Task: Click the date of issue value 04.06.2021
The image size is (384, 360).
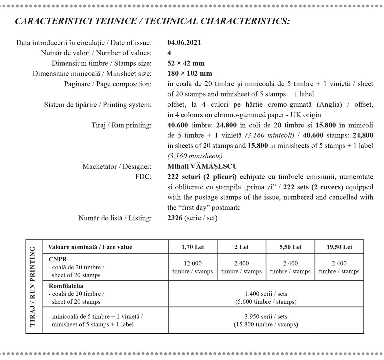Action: (184, 43)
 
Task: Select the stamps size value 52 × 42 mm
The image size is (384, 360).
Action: (186, 63)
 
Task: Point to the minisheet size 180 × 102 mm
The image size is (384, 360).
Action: (189, 73)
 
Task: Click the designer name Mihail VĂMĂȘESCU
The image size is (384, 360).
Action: (202, 166)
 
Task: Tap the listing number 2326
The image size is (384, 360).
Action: (175, 218)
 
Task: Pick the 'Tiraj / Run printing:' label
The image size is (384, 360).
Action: (122, 125)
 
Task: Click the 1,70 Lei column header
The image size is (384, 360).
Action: (192, 247)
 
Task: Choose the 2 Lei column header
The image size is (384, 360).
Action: (241, 247)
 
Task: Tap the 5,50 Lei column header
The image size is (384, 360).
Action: (290, 247)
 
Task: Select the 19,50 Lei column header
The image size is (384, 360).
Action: (339, 247)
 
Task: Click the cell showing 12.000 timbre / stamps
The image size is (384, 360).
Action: (192, 267)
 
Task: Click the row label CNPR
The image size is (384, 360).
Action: (58, 259)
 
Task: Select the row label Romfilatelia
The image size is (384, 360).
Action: (66, 286)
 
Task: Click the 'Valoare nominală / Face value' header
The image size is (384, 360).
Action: (90, 247)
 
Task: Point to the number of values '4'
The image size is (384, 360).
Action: (169, 53)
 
